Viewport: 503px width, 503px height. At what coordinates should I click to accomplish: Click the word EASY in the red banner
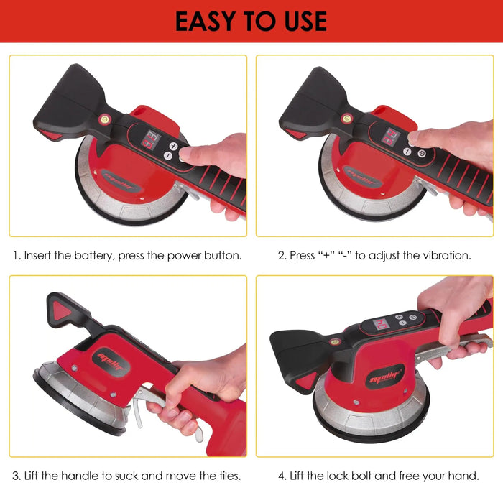tap(205, 21)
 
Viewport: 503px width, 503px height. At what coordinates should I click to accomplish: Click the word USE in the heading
tap(305, 21)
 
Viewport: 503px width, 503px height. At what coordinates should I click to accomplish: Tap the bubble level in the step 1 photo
tap(105, 120)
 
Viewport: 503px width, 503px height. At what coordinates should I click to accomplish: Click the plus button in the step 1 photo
tap(173, 147)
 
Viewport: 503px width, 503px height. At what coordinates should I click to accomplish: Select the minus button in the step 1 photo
tap(167, 156)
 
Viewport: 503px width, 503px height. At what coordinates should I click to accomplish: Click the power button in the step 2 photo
tap(422, 154)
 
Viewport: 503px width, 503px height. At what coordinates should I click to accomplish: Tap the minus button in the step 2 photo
tap(407, 151)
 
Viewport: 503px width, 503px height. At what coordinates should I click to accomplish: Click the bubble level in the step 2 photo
tap(346, 119)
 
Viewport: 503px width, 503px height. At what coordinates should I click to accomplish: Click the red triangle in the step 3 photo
tap(61, 310)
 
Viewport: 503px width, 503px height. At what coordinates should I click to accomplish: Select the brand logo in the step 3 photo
tap(111, 362)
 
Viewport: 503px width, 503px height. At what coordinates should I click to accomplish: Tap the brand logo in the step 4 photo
tap(385, 377)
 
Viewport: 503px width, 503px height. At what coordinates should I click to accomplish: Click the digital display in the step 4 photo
tap(381, 324)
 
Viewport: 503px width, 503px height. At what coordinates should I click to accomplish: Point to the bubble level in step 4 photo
tap(336, 341)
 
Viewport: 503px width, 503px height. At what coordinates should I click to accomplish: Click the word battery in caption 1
tap(93, 256)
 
